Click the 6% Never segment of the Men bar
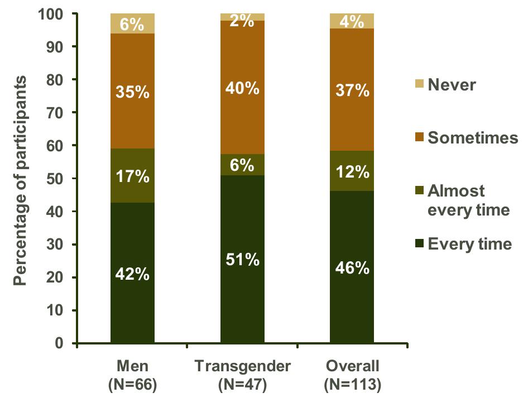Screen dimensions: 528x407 click(132, 23)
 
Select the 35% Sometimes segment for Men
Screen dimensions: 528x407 click(132, 91)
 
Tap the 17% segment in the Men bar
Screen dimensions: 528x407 click(132, 175)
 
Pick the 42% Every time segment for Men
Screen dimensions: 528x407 click(132, 273)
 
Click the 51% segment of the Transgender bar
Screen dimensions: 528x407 click(242, 259)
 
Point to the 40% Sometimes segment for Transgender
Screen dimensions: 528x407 click(242, 88)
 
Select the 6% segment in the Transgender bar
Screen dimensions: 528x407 click(242, 165)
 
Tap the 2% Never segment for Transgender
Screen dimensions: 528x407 click(242, 17)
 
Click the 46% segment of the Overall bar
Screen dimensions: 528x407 click(352, 267)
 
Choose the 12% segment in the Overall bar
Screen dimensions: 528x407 click(352, 171)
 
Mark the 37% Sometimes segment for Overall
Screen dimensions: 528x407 click(352, 90)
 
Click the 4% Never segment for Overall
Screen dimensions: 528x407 click(352, 21)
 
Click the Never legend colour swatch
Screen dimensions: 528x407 click(419, 84)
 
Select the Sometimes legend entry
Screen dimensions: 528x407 click(467, 137)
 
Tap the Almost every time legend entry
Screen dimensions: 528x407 click(463, 200)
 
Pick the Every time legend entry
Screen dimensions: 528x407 click(464, 243)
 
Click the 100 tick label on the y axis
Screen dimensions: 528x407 click(50, 14)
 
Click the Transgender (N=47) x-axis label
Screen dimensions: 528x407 click(242, 375)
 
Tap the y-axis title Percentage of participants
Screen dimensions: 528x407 click(20, 180)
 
